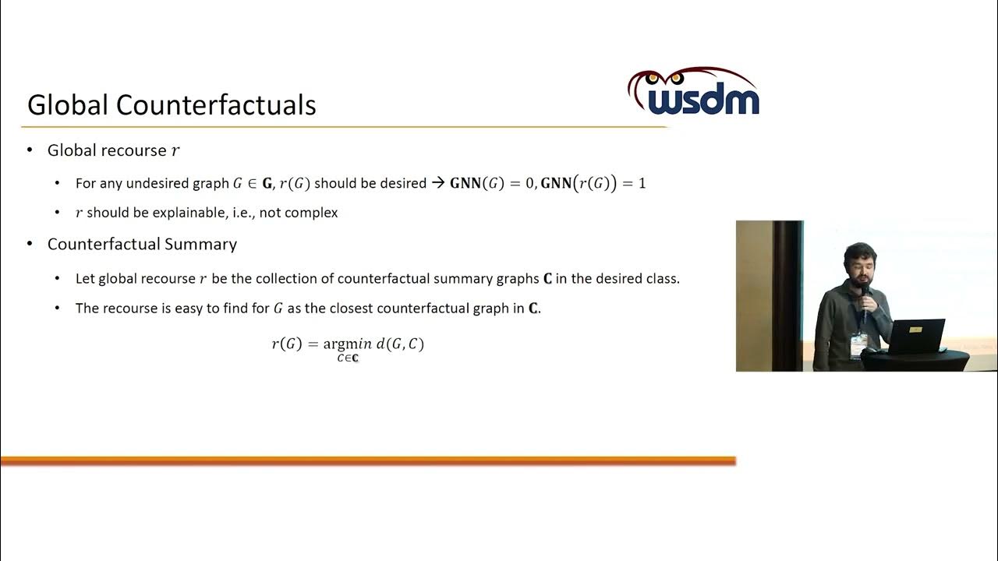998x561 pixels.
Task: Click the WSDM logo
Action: coord(693,93)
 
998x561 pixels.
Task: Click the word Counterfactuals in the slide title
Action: coord(218,105)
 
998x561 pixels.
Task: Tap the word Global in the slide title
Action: coord(68,105)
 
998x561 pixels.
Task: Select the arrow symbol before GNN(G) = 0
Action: coord(437,183)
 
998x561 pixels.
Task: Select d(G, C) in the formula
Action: coord(400,344)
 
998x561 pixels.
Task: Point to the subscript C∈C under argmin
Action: coord(347,358)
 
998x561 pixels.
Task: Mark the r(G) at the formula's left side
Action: coord(286,344)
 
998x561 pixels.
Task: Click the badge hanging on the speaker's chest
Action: coord(858,344)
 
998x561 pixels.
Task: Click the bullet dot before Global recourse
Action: coord(30,150)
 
